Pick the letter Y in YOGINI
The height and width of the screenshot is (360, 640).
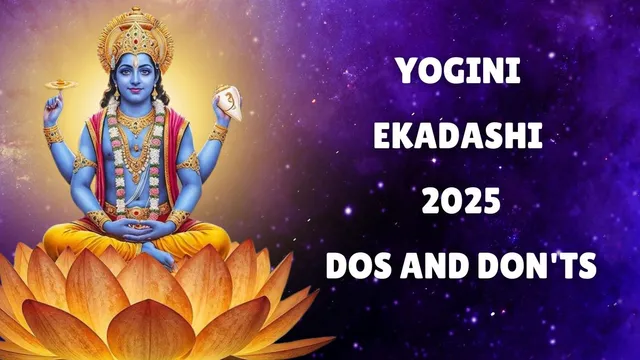tap(405, 71)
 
